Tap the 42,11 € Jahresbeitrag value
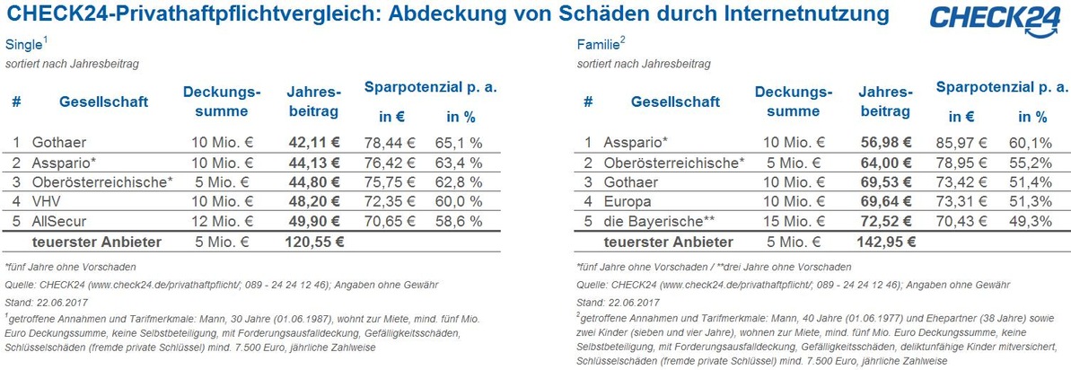[x=314, y=142]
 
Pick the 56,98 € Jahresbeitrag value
[x=885, y=143]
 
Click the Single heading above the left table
[x=23, y=46]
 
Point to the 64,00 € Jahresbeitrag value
[x=885, y=163]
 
